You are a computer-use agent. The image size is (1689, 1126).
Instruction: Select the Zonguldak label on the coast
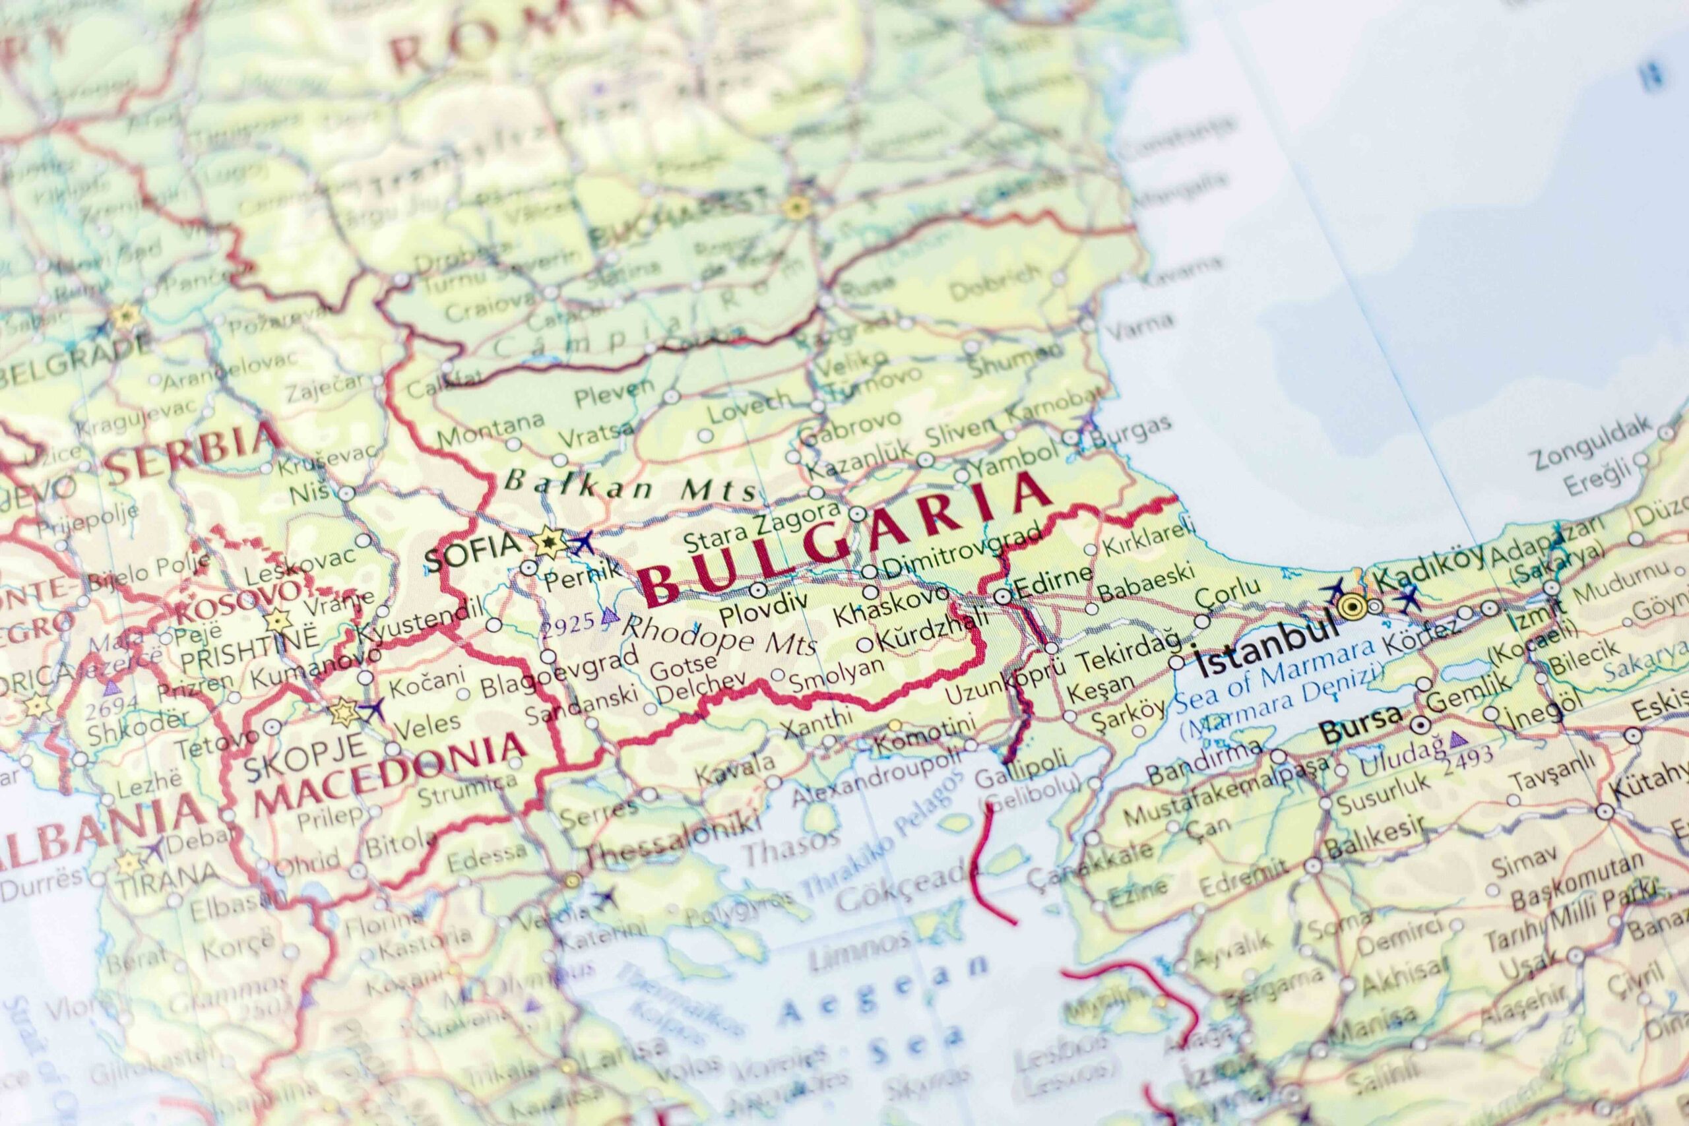(1591, 444)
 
